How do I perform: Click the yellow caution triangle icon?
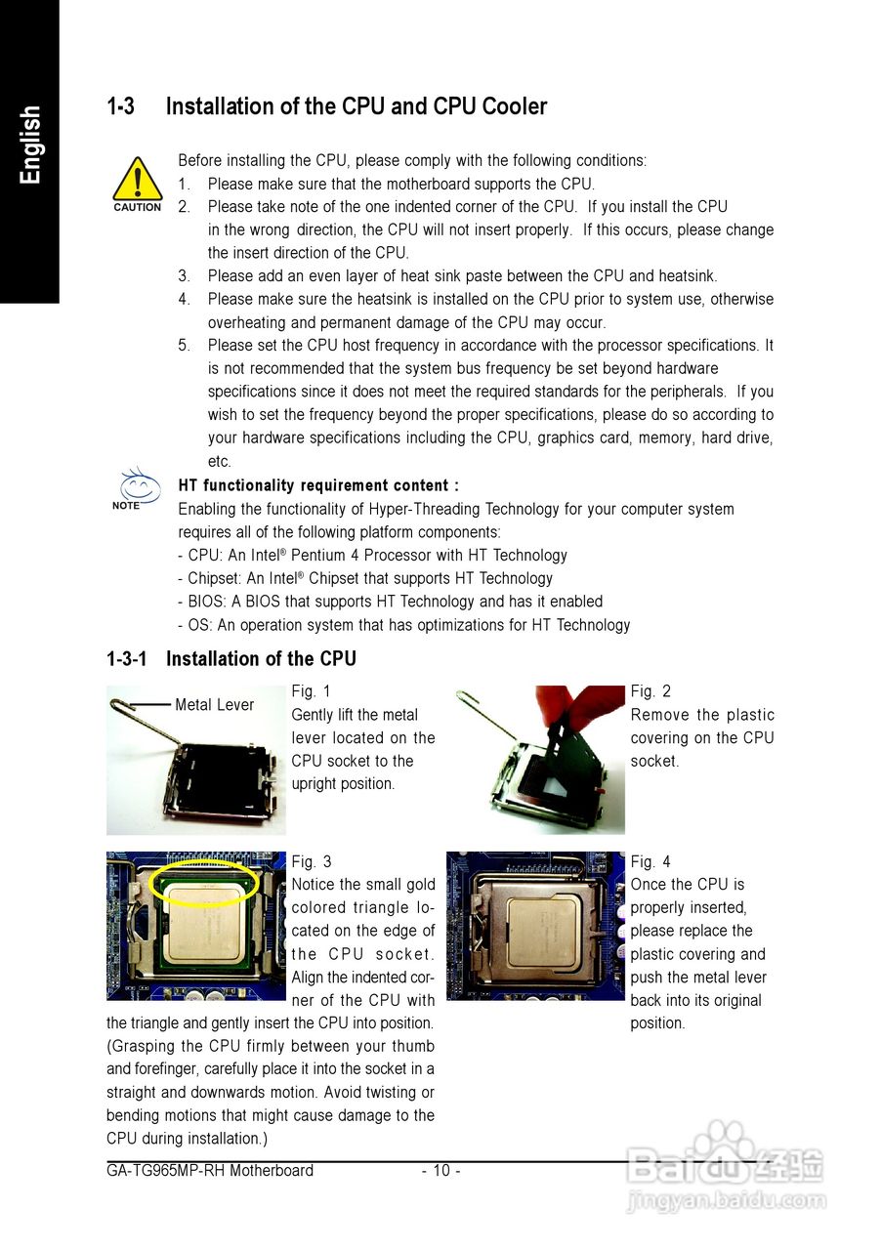137,180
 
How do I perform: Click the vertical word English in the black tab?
30,145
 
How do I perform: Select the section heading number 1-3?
121,106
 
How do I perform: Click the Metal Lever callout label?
214,705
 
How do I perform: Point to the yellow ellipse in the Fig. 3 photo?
206,882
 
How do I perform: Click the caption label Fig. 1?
312,691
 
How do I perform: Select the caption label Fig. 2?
650,691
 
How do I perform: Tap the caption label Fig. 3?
312,861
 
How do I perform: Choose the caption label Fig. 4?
650,861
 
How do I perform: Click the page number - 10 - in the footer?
440,1170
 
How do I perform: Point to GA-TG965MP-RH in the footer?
165,1170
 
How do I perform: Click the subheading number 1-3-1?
127,659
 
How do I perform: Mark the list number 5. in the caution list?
184,346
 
